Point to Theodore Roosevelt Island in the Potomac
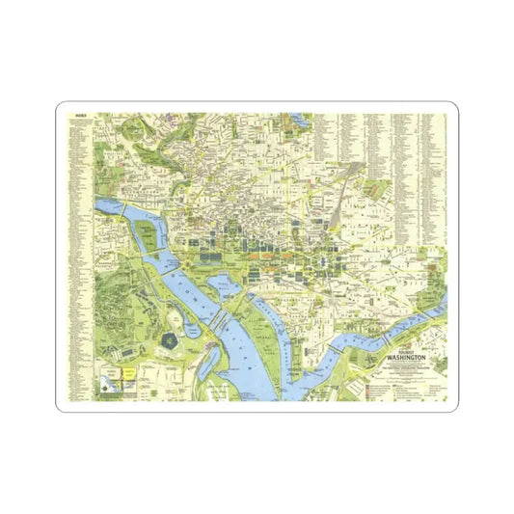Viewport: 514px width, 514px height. point(146,231)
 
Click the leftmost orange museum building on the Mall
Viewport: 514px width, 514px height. point(254,256)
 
